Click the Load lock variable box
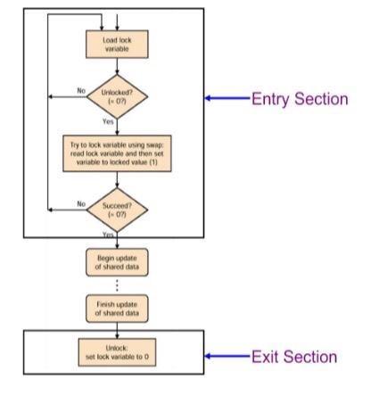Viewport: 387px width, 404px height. (x=116, y=42)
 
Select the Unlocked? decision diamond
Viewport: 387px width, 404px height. (x=116, y=94)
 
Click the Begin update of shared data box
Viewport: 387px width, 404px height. (x=116, y=263)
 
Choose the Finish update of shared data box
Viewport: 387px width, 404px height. (x=116, y=309)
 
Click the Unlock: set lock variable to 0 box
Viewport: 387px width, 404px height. (x=116, y=352)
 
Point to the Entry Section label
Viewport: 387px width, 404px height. (x=298, y=99)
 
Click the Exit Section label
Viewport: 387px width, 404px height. (x=293, y=357)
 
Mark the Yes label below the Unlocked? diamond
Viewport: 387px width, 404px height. (x=108, y=121)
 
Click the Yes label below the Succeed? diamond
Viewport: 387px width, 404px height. (x=108, y=234)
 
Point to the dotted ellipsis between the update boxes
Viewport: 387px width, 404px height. (x=116, y=286)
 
